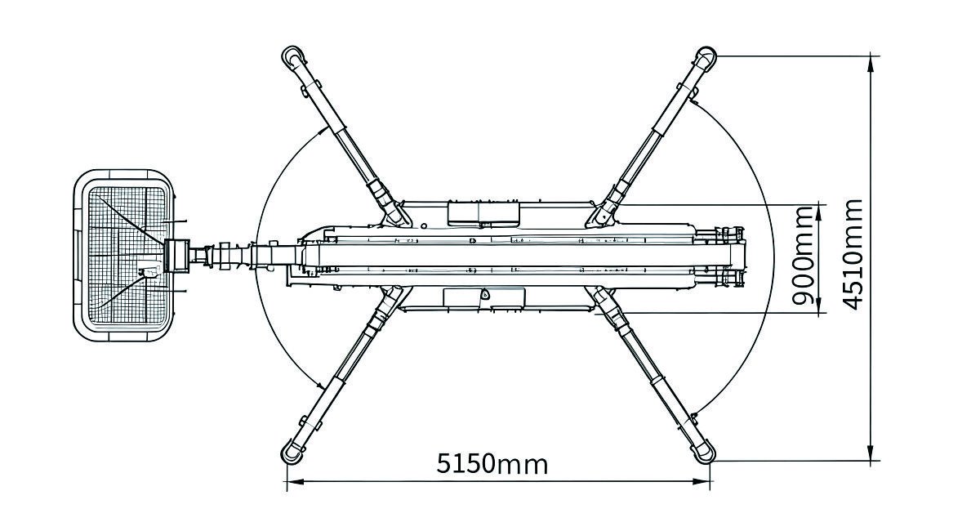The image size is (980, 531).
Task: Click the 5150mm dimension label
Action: [492, 464]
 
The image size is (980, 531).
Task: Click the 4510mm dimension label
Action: [853, 254]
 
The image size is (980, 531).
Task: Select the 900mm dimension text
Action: [803, 256]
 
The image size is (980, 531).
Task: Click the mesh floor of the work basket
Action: [127, 255]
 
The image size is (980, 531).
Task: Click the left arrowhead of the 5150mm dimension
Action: [295, 481]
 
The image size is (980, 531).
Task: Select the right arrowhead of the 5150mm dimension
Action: [702, 481]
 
